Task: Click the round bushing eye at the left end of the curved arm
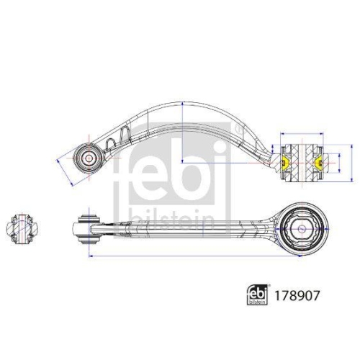[x=89, y=156]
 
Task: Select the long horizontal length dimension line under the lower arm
[x=194, y=256]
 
